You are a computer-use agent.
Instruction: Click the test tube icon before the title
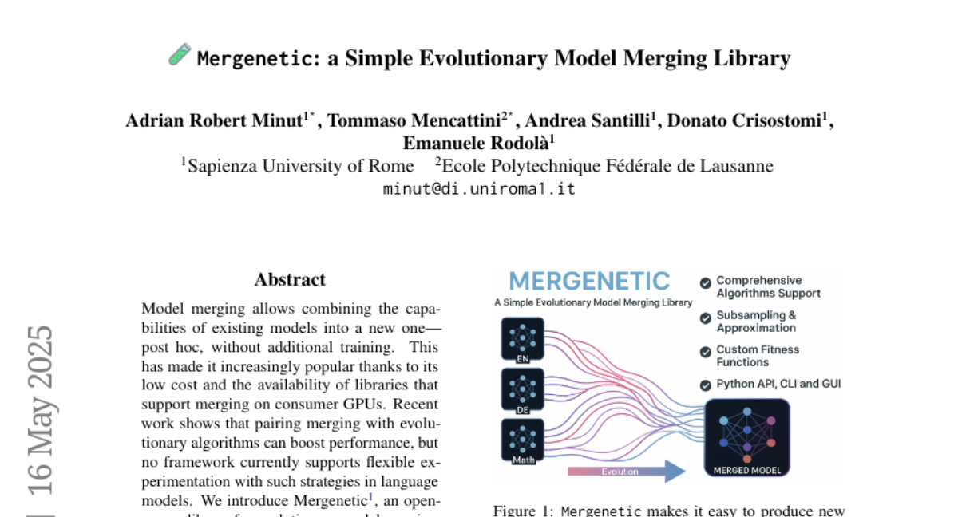[180, 55]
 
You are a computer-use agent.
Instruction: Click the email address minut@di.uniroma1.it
[479, 189]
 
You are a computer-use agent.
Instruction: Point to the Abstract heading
[290, 279]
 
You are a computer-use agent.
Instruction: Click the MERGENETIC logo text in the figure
[589, 281]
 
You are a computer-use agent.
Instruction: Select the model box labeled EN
[523, 338]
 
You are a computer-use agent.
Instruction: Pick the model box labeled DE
[523, 389]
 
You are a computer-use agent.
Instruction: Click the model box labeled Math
[523, 440]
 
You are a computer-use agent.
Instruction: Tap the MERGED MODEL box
[747, 437]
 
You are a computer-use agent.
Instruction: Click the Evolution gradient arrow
[626, 471]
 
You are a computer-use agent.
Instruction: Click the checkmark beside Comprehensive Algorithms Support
[706, 282]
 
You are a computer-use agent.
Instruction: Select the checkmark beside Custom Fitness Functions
[706, 352]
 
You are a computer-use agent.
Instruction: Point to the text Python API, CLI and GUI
[778, 384]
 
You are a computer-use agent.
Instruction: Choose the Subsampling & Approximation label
[756, 322]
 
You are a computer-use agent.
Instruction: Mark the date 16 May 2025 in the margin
[40, 410]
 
